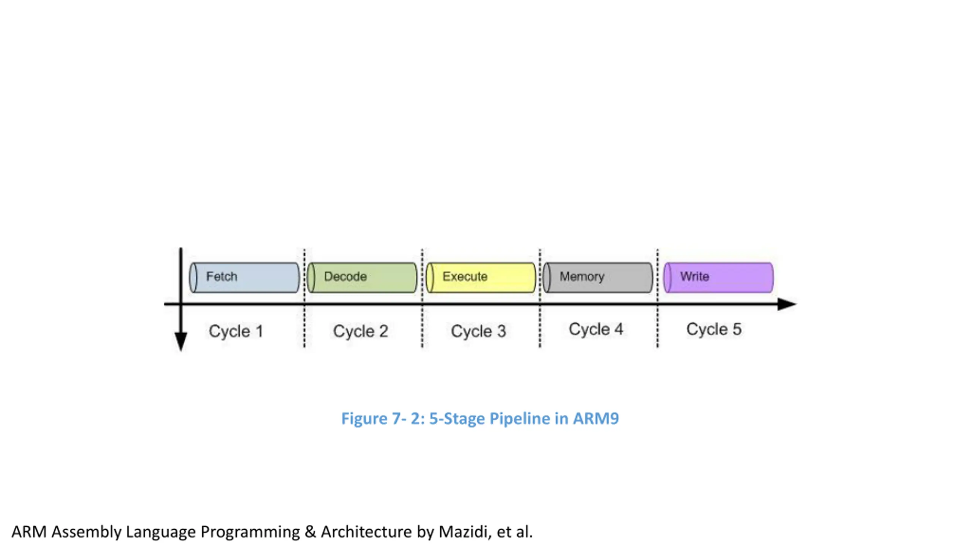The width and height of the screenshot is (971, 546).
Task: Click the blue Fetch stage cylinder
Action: [x=244, y=278]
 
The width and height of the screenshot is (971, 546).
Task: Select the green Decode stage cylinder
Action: [x=362, y=278]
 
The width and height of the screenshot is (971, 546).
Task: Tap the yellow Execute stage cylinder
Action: [x=481, y=278]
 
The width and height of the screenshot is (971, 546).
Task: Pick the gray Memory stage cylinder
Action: [x=598, y=278]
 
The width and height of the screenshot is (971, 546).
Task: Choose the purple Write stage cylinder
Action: [x=718, y=278]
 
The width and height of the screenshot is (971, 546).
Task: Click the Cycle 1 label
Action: [x=236, y=331]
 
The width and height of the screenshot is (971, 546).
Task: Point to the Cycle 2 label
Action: [x=360, y=331]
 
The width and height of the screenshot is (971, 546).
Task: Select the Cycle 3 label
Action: [x=478, y=331]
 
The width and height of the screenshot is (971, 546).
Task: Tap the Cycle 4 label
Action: [x=596, y=329]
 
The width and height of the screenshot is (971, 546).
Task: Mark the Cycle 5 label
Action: [x=714, y=329]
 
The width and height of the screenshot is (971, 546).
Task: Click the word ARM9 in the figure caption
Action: [x=596, y=419]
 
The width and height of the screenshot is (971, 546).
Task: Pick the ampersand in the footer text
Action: [x=310, y=532]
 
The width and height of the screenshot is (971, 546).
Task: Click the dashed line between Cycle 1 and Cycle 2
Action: [x=304, y=298]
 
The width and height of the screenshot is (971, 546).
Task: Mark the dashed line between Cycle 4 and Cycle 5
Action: [x=658, y=298]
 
